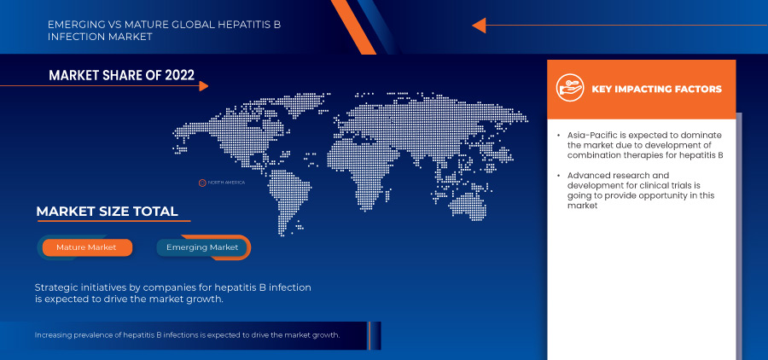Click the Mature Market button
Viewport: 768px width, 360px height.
click(86, 247)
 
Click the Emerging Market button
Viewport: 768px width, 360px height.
click(202, 247)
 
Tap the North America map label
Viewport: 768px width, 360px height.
click(226, 183)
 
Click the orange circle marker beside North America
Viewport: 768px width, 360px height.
click(202, 183)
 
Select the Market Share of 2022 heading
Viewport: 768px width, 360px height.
click(122, 76)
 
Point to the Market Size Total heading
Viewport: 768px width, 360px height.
click(107, 212)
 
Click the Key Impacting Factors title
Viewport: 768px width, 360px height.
click(656, 89)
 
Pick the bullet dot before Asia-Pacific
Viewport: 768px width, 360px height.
click(558, 136)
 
